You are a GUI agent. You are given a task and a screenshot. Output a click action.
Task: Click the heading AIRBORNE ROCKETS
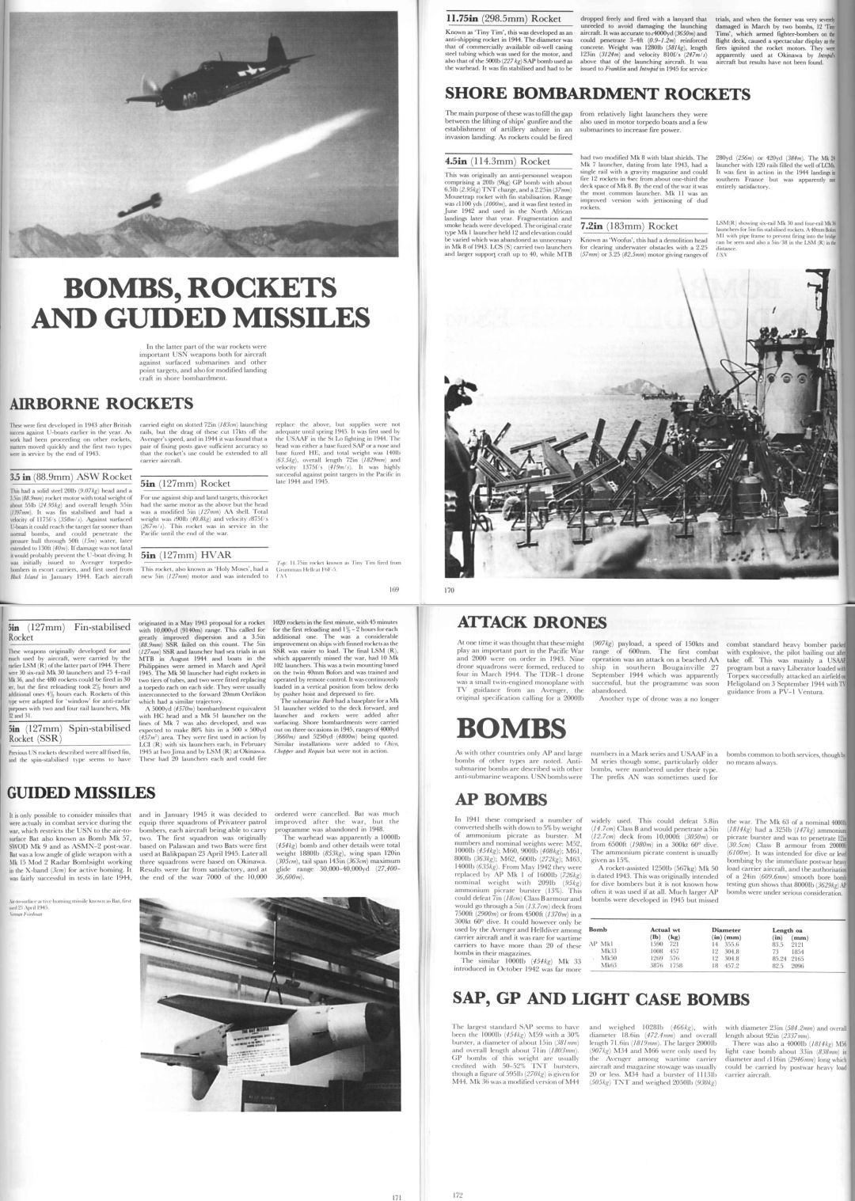tap(100, 404)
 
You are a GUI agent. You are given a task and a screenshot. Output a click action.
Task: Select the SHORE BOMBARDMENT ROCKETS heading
tap(598, 95)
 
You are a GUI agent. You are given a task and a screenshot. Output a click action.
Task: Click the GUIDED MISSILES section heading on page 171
tap(82, 793)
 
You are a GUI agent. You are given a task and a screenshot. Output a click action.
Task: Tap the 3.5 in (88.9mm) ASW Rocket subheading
tap(71, 477)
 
